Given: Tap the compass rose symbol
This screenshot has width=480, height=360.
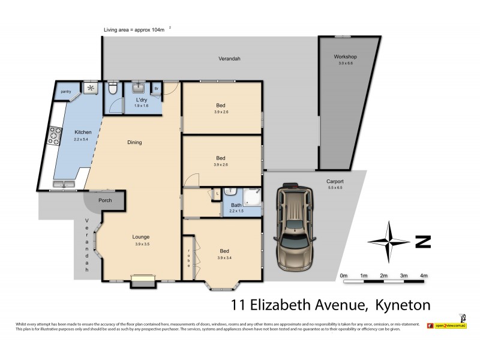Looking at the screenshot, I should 389,242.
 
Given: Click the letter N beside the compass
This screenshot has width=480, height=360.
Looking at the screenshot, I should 422,242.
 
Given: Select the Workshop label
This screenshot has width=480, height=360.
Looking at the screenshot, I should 346,57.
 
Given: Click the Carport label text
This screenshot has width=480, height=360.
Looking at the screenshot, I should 335,181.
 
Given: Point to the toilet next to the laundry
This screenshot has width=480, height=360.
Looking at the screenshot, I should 112,91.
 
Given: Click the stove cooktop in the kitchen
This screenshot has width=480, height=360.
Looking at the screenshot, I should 55,137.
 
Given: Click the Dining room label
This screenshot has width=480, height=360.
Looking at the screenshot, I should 134,142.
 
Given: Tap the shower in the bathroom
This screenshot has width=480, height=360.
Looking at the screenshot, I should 252,197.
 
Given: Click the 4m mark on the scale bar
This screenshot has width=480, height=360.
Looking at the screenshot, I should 424,275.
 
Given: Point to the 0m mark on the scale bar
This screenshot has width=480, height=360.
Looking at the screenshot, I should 344,275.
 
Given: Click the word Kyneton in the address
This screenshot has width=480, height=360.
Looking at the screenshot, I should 402,304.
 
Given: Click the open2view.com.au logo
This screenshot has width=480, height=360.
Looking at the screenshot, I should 447,326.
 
